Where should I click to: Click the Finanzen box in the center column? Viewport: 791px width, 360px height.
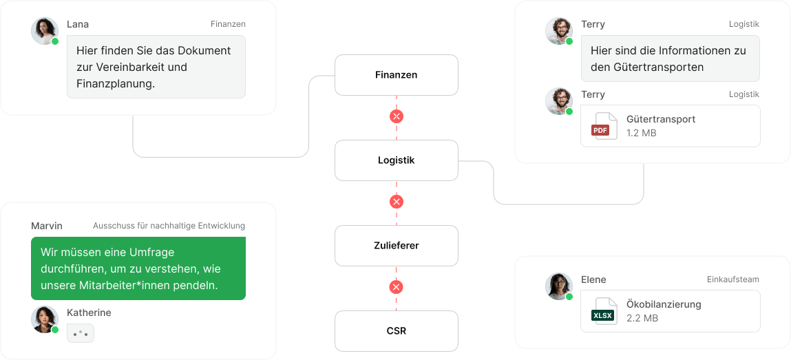[397, 75]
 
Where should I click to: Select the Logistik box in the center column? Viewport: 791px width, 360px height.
[397, 160]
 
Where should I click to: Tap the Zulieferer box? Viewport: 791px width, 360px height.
[397, 246]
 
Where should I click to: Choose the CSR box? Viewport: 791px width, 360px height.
[397, 331]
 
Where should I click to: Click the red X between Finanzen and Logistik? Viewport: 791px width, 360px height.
[397, 116]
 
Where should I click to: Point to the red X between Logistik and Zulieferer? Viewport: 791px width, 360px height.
[397, 202]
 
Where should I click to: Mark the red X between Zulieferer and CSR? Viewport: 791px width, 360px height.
[397, 288]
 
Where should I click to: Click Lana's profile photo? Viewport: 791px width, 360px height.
[44, 31]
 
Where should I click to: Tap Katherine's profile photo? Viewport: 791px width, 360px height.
[44, 319]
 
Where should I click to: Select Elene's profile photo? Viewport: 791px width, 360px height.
[559, 286]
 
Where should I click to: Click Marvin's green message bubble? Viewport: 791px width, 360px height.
[138, 268]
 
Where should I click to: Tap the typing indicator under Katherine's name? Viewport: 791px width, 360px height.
[81, 333]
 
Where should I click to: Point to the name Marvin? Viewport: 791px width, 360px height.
[46, 226]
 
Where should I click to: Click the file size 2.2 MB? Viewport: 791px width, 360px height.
[642, 318]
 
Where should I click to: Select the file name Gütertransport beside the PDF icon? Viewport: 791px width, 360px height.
[661, 120]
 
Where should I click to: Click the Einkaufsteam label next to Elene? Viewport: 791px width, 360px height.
[733, 279]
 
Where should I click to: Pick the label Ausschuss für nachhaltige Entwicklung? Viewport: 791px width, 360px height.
[169, 226]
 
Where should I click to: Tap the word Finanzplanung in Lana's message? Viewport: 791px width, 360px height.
[116, 84]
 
